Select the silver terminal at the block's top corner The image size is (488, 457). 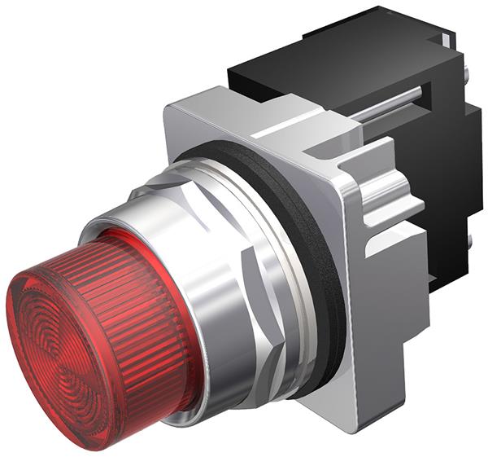point(448,37)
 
